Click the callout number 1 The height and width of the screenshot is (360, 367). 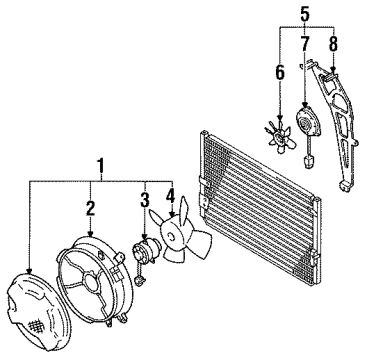[x=97, y=162]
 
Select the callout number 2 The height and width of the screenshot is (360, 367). [x=89, y=208]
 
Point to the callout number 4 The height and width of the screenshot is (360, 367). [x=171, y=197]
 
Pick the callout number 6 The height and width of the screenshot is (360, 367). [x=280, y=72]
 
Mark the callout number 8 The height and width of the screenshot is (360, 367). [x=332, y=43]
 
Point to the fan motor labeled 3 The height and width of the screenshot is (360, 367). [x=144, y=249]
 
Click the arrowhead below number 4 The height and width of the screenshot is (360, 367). [x=172, y=218]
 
